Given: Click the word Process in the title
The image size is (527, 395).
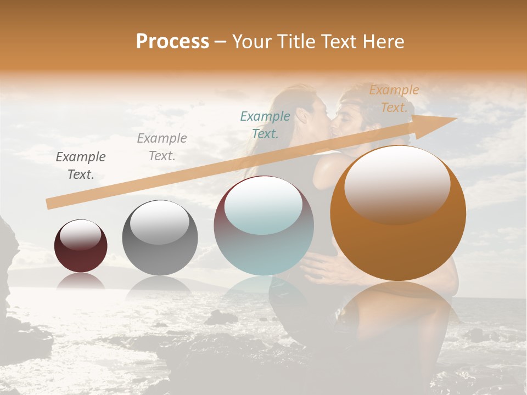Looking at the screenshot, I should click(172, 42).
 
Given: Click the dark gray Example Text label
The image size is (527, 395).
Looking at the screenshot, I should click(81, 166).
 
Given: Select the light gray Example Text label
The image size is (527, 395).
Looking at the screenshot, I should click(162, 147).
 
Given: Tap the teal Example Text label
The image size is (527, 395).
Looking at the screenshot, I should click(265, 125).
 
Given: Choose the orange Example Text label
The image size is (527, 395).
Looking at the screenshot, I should click(394, 99).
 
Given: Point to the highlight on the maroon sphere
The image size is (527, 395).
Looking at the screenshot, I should click(81, 235).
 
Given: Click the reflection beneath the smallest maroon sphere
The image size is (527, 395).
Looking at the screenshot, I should click(81, 281).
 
